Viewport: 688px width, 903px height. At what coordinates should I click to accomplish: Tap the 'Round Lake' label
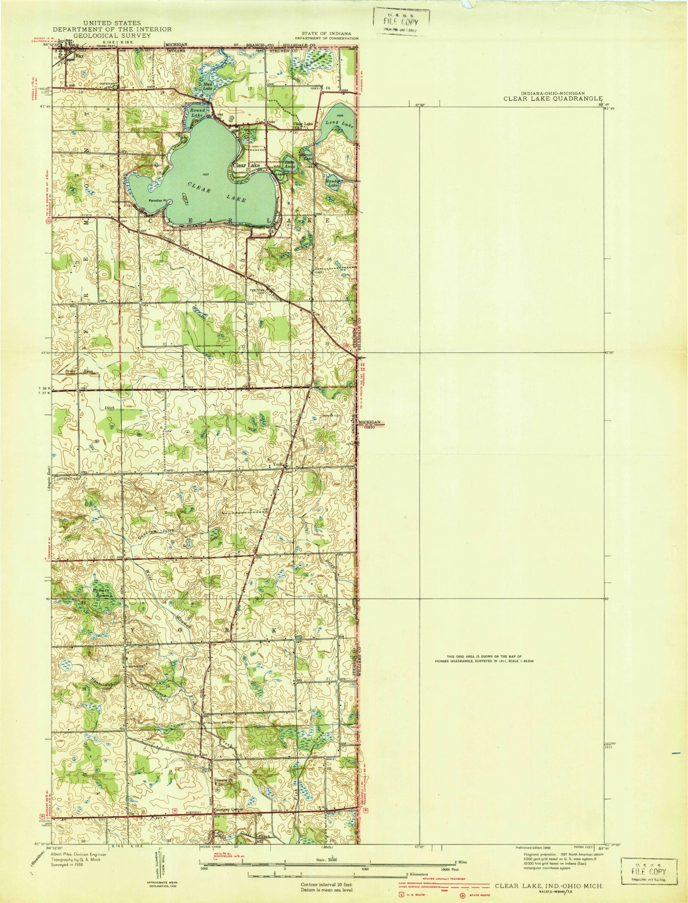197,112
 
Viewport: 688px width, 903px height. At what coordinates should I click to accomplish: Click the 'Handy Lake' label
331,183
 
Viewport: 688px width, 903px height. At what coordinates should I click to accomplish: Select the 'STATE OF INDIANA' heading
326,32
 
